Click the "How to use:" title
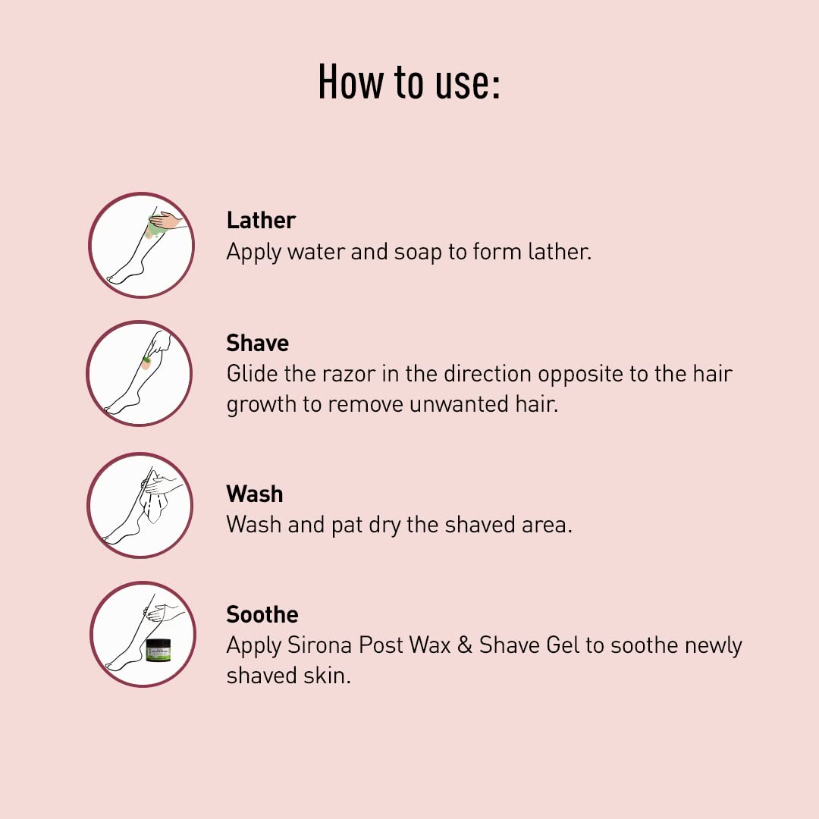click(x=409, y=81)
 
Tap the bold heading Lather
click(x=261, y=221)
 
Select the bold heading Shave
click(x=258, y=344)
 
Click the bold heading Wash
click(x=255, y=494)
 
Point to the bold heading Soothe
click(x=262, y=615)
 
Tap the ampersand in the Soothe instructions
click(x=464, y=645)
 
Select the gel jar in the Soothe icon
click(x=158, y=651)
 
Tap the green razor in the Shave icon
click(x=147, y=359)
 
